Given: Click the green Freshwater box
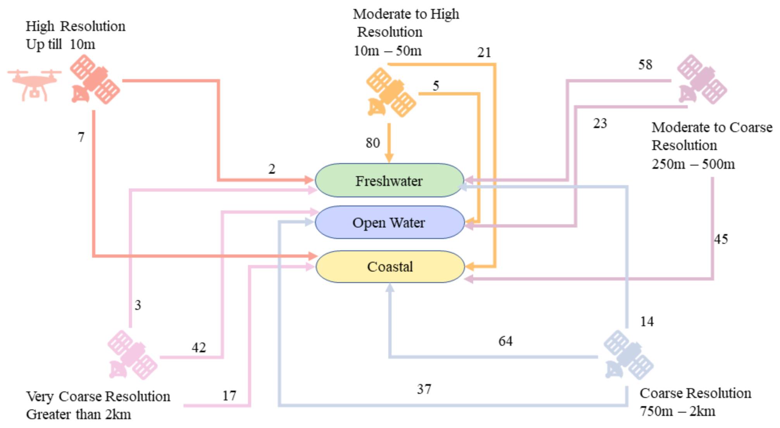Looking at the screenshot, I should coord(389,180).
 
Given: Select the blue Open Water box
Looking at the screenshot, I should coord(389,222).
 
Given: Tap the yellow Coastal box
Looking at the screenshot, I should coord(390,266).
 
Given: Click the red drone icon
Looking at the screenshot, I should coord(34,84).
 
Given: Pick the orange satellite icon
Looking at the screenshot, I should coord(391,92).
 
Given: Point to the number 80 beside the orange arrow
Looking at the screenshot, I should coord(373,143).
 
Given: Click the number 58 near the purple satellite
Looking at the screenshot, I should coord(645,65).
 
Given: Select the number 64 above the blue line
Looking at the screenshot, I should coord(505,341).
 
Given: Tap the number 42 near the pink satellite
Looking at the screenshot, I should coord(198,347).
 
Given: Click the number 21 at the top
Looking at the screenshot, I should coord(484,52).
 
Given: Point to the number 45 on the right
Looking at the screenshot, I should coord(721,239).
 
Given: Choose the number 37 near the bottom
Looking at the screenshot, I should coord(424,389).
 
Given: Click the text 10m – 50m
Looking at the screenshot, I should coord(387,51).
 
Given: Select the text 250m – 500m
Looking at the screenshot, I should coord(693,164).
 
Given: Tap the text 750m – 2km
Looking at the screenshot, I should coord(677,411).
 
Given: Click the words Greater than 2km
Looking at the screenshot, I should coord(78,414).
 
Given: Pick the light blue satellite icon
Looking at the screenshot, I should coord(628,355).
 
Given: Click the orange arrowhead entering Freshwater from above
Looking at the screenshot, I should coord(389,158).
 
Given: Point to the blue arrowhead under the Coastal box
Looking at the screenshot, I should coord(390,287).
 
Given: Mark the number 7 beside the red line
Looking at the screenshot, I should coord(81,137).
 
